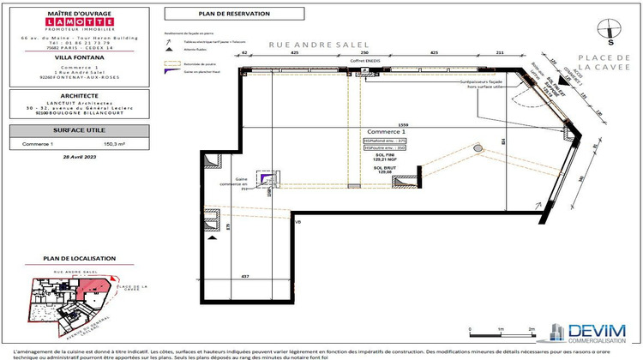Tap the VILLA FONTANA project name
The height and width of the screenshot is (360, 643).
coord(67,58)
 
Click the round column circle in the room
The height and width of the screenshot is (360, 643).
coord(478,148)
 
